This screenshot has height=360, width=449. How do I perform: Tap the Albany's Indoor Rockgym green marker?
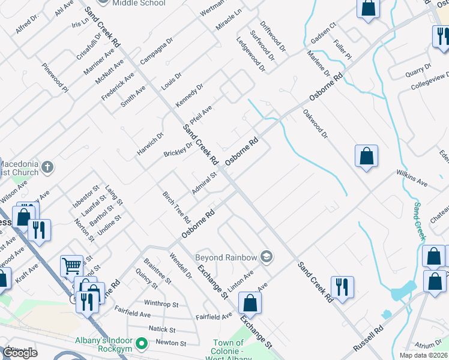click(x=142, y=344)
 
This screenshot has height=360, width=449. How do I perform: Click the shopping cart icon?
click(x=71, y=265)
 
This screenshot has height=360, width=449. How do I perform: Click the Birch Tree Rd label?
click(x=176, y=206)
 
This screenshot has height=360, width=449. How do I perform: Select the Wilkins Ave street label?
click(x=411, y=178)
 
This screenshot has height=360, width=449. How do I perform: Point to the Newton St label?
click(x=171, y=343)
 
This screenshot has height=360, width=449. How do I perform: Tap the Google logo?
click(x=20, y=353)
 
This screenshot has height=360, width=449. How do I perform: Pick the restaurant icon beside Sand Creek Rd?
click(x=342, y=286)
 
